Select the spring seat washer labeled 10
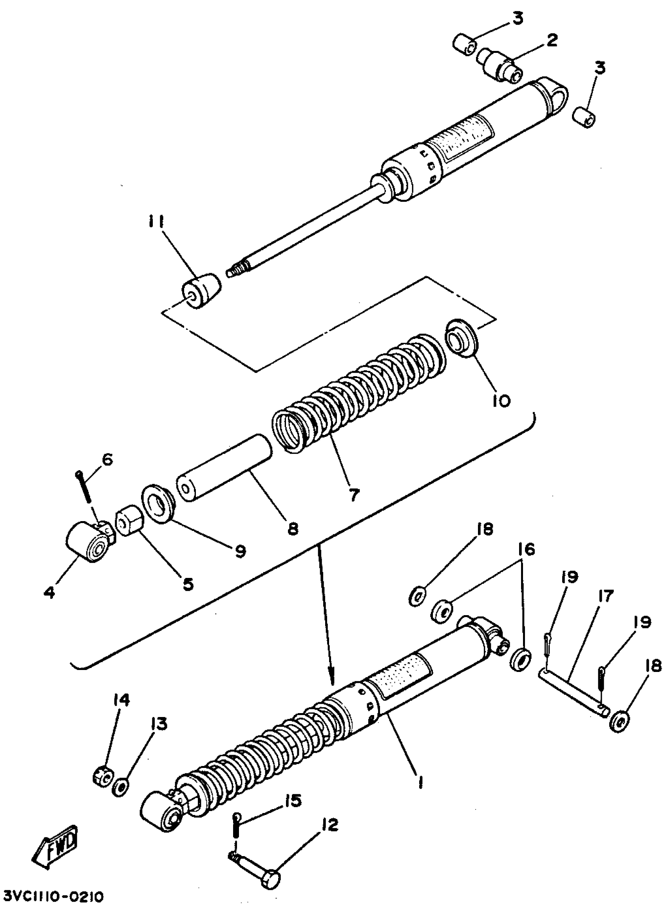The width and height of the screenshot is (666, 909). [x=461, y=338]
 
